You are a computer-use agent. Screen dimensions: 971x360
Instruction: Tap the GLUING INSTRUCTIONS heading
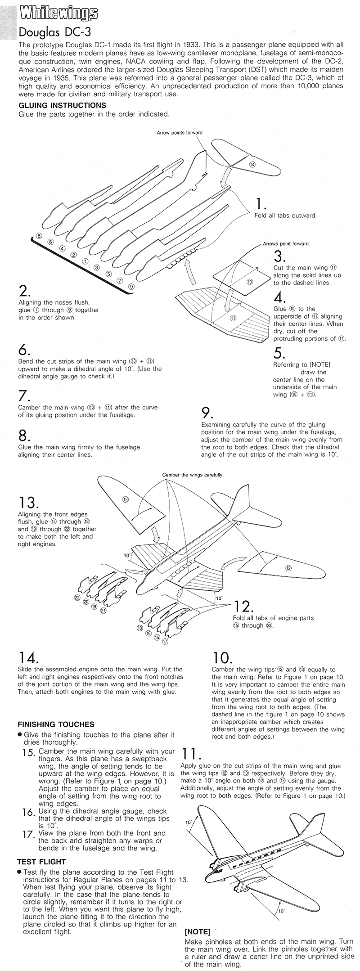(x=62, y=105)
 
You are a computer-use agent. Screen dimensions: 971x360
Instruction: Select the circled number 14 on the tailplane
(x=252, y=165)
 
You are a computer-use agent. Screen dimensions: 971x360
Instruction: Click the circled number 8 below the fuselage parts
(x=39, y=235)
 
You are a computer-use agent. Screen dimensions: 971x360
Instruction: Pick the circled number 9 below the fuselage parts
(x=131, y=286)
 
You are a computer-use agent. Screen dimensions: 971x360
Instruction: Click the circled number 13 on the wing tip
(x=125, y=499)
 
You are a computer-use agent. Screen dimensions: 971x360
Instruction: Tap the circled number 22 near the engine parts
(x=77, y=598)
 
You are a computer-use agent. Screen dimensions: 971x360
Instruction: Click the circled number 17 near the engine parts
(x=165, y=642)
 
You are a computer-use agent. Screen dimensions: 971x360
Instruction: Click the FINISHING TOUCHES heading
(x=56, y=724)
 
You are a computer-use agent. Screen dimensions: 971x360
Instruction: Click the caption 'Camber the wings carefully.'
(x=193, y=475)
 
